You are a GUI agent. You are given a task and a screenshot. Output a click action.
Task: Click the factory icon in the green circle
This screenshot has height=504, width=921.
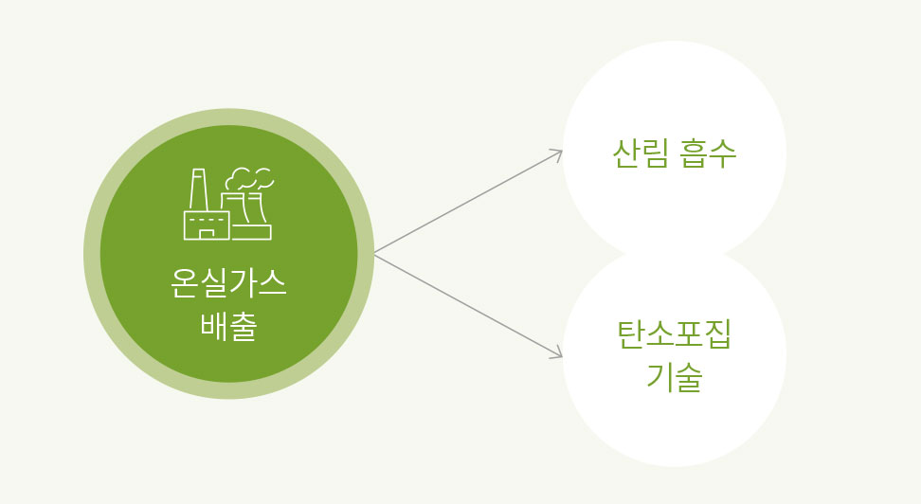[228, 204]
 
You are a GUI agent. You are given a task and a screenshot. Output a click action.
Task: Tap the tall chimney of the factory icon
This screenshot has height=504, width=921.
[199, 189]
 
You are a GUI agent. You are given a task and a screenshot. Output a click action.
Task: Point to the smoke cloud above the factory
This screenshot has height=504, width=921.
[249, 178]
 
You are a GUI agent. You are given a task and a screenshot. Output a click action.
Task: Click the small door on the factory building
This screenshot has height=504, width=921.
[205, 233]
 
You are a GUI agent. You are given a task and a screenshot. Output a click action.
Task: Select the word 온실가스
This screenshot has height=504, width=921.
[228, 283]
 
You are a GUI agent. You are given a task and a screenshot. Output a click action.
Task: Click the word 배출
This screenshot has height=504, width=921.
[228, 326]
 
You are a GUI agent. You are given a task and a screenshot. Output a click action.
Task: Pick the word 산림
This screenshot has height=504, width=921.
[641, 153]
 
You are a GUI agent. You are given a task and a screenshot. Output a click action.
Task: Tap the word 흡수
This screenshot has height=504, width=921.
[708, 153]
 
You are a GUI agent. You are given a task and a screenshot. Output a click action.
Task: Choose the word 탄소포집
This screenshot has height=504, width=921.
[675, 333]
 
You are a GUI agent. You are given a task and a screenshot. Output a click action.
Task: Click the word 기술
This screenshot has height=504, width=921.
[675, 376]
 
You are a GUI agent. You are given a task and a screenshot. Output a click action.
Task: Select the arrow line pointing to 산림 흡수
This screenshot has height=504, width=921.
[468, 202]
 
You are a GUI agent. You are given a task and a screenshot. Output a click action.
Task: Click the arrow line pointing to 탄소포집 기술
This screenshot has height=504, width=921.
[468, 305]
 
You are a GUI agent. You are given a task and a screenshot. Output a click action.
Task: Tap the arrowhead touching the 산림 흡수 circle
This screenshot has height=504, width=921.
[557, 153]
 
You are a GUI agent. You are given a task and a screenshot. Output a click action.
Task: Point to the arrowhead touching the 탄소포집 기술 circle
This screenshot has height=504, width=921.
[557, 353]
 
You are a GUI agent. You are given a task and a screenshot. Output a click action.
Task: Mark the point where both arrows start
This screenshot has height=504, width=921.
[374, 254]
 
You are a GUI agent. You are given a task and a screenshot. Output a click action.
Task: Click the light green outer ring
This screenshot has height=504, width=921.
[92, 254]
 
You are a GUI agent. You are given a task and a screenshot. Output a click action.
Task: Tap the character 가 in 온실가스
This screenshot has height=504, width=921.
[243, 283]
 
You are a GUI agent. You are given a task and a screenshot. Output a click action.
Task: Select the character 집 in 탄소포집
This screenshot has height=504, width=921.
[718, 333]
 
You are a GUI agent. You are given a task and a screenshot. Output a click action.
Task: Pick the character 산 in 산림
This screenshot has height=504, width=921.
[626, 153]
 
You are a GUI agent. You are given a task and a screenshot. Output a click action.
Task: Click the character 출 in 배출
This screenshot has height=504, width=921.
[244, 326]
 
